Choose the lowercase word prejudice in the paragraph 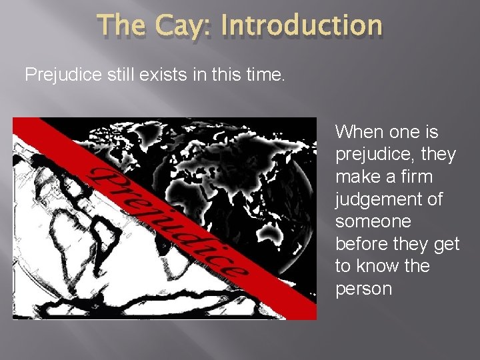pos(377,155)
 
